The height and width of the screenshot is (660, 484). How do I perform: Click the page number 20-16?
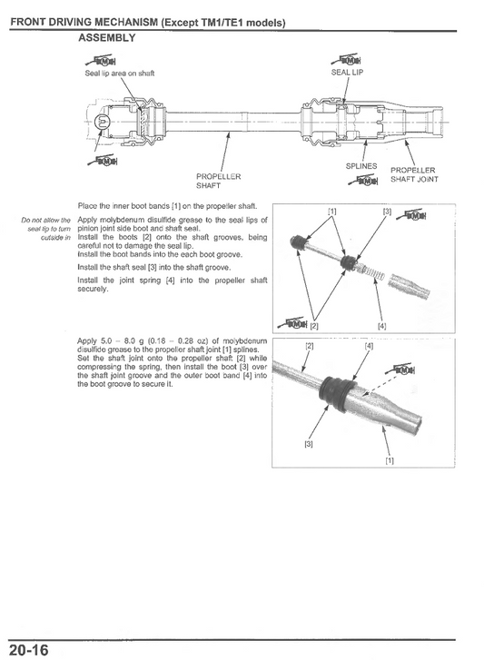pos(29,650)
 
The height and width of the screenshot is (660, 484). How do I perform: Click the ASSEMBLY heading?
pos(107,38)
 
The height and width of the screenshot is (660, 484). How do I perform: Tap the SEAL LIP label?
pos(347,73)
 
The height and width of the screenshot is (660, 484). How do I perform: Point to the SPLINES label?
pos(361,166)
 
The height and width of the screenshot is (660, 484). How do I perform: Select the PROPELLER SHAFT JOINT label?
pos(414,174)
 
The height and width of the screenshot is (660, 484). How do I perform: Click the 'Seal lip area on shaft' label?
pos(120,74)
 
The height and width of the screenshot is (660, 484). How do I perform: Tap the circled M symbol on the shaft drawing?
pos(102,123)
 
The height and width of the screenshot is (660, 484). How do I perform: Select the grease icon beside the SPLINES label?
pos(363,181)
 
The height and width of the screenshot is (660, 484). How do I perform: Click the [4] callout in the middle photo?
pos(381,326)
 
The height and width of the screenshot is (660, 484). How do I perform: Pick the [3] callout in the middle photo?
pos(387,211)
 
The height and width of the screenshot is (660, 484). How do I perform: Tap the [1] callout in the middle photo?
pos(332,211)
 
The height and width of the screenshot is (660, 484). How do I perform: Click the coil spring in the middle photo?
pos(372,272)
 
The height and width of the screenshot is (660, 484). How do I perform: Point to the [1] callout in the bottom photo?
pos(390,460)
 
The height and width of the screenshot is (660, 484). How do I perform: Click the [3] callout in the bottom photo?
pos(309,444)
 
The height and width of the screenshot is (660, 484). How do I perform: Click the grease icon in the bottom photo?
pos(400,369)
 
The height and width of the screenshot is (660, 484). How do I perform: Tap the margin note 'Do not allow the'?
pos(46,220)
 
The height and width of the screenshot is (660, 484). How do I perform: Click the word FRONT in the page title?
pos(28,23)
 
